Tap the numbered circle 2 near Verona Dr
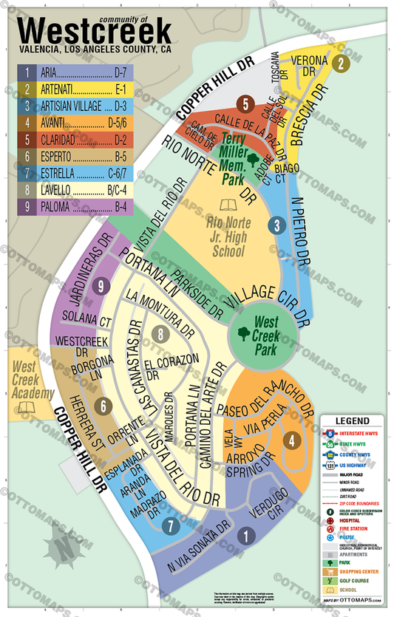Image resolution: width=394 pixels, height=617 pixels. click(339, 64)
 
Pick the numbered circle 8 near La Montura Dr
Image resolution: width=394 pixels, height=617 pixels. click(161, 335)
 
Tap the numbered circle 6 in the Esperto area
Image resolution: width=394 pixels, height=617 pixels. click(104, 406)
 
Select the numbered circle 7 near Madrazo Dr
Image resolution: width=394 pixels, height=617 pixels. click(171, 526)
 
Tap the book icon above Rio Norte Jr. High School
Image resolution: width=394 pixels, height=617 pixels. click(227, 205)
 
